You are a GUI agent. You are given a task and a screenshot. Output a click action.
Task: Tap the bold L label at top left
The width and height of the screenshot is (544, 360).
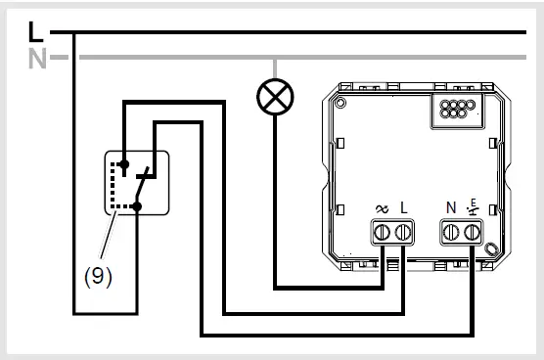point(36,33)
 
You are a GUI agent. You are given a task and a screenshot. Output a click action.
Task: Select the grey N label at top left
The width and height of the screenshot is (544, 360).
point(37,58)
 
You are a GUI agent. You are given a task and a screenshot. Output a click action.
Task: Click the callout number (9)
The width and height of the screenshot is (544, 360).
point(97,276)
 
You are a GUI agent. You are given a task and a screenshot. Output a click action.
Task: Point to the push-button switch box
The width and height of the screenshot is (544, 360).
point(137,183)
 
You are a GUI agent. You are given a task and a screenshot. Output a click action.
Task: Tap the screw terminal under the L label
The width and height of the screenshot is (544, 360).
point(401,233)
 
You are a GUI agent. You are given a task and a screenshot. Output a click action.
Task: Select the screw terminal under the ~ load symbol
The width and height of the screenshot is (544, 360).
point(382,233)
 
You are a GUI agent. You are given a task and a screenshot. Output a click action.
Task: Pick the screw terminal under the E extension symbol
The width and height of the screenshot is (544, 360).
point(475,233)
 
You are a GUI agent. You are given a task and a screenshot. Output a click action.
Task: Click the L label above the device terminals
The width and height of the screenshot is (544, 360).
point(403,207)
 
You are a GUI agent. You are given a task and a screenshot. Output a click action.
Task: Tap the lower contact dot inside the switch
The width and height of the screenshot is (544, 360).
point(139,206)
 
